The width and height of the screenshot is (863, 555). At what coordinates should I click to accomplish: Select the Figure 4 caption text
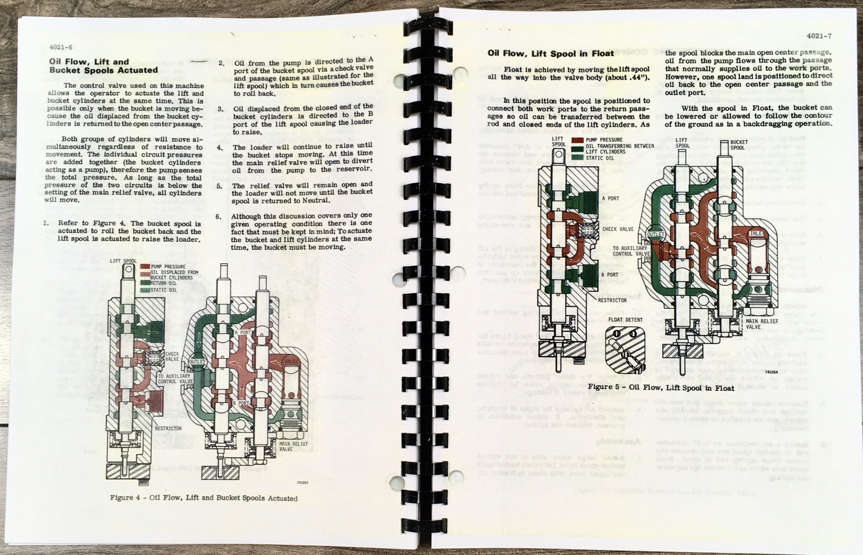pos(204,498)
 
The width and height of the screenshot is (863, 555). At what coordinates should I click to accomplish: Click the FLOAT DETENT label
pos(625,320)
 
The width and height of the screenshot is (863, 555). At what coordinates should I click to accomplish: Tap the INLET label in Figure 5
pos(757,234)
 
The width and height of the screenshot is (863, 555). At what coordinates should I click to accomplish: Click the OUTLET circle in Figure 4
pos(197,362)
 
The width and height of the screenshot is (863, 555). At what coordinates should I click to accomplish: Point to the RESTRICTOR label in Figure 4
pos(168,428)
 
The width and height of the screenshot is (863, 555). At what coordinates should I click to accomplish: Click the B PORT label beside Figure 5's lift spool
pos(609,274)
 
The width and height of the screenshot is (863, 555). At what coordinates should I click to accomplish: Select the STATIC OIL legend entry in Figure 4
pos(162,290)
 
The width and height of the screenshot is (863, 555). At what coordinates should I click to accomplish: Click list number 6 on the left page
pos(218,217)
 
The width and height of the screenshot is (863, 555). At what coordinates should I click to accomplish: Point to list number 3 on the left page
pos(220,109)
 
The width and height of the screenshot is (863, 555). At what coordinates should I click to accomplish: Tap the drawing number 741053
pos(302,482)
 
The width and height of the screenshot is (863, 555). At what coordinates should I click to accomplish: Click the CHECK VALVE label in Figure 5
pos(618,229)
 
